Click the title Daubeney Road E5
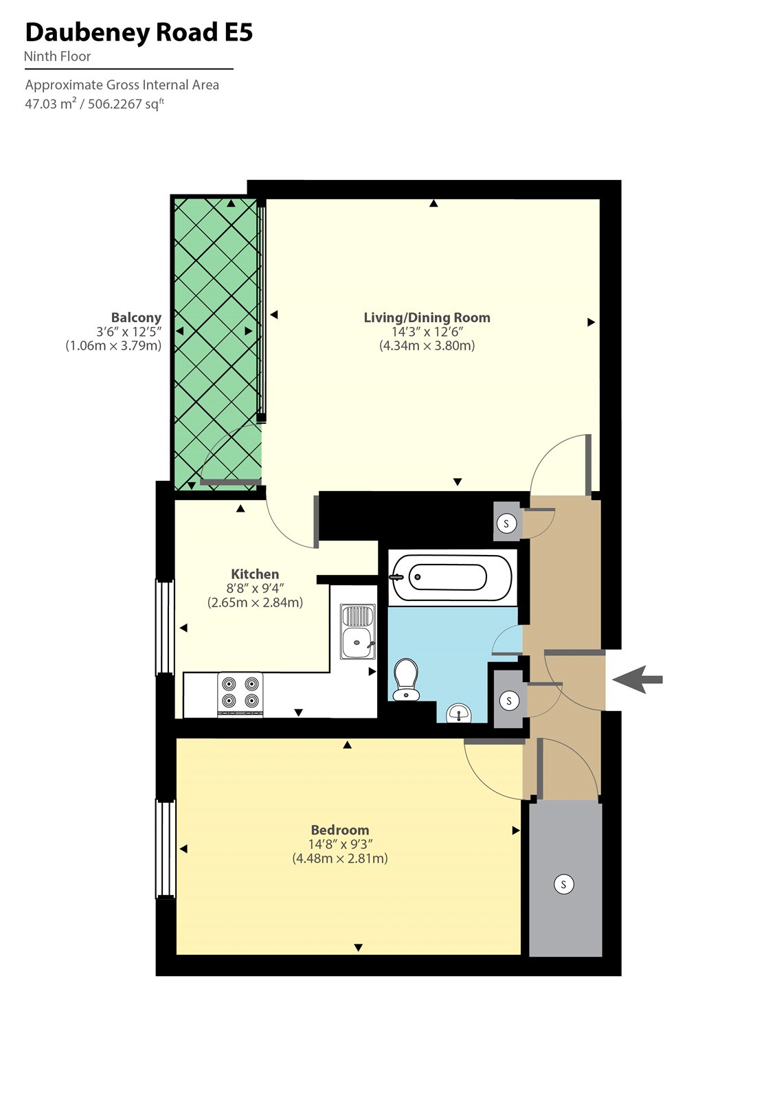139,32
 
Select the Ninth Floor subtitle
58,57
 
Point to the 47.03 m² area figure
50,104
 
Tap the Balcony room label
136,317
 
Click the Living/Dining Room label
427,317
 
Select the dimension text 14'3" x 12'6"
427,332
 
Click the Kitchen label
255,574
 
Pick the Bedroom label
340,830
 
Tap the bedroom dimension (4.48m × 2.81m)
340,859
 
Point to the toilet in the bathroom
407,679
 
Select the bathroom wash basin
458,714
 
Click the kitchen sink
358,632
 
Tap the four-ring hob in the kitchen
240,693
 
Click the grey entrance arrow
638,680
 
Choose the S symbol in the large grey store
563,884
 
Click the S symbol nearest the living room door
506,523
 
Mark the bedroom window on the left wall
165,848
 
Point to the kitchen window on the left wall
165,627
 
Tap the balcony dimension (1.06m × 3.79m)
113,345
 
